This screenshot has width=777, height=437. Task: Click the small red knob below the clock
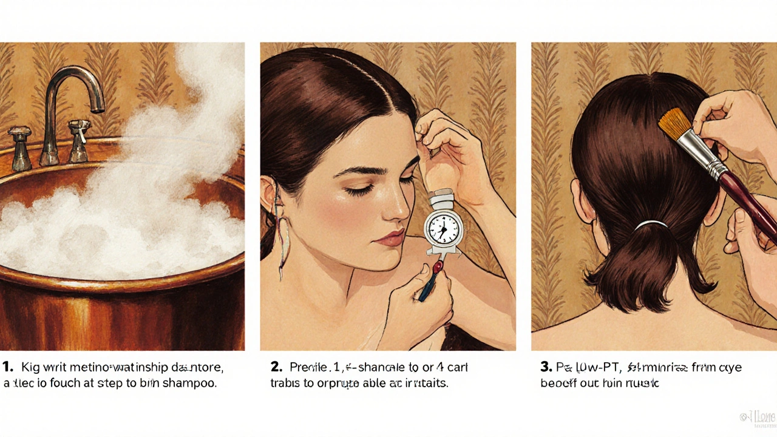436,268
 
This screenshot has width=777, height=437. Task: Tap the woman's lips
389,237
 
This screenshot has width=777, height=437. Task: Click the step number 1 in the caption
7,367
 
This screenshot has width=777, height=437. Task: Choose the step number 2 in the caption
276,367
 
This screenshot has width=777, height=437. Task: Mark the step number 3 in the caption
545,367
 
